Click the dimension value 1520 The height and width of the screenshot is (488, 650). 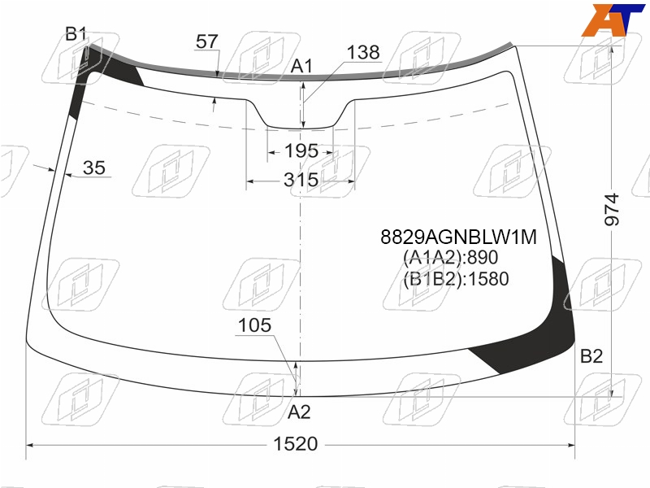[296, 444]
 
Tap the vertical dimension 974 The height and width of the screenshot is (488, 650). [612, 210]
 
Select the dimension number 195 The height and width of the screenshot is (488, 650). [301, 150]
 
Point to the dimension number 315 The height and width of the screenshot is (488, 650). [301, 180]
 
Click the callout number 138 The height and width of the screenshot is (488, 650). [363, 53]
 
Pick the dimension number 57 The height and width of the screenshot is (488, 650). [207, 41]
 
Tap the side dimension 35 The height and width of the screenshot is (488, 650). [94, 168]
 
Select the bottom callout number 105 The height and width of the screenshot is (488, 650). [254, 325]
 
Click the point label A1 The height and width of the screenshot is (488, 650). [301, 67]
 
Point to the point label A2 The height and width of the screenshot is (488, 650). [299, 412]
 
